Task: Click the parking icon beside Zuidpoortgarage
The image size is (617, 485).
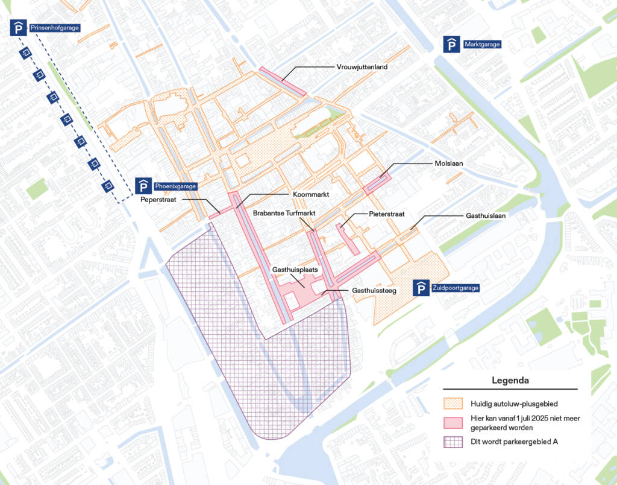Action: tap(421, 288)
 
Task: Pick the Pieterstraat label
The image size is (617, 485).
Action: tap(386, 214)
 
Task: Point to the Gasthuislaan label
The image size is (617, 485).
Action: tap(485, 215)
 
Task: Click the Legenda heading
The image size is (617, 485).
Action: tap(510, 381)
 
